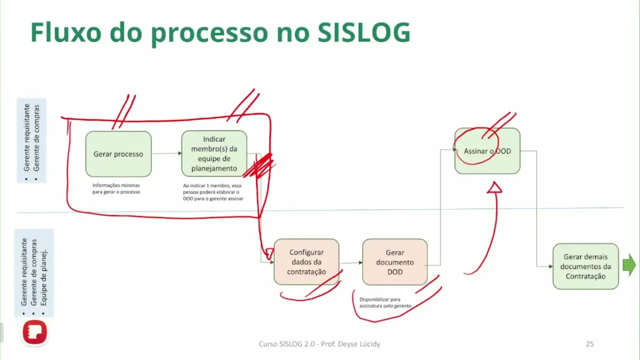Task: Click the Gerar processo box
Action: click(x=118, y=154)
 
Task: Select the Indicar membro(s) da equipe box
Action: click(x=214, y=153)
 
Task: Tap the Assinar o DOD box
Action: click(x=487, y=151)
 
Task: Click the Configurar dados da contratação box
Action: click(x=306, y=262)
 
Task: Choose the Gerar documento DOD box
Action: click(x=394, y=262)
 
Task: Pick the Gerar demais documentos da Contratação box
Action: click(x=585, y=266)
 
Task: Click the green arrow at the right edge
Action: click(x=629, y=265)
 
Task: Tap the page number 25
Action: click(x=589, y=344)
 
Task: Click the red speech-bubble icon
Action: click(x=34, y=332)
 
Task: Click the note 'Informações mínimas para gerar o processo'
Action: click(x=116, y=188)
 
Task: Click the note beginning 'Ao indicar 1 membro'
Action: click(x=212, y=192)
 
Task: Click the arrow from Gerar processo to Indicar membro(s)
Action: click(x=166, y=153)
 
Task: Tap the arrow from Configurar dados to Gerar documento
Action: click(x=350, y=262)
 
